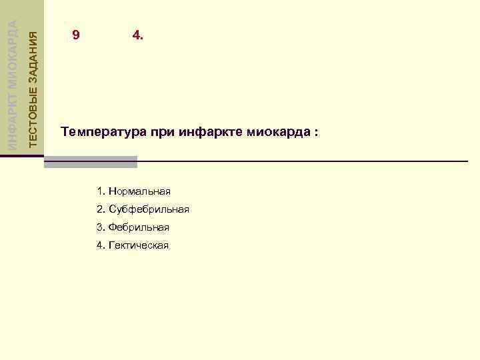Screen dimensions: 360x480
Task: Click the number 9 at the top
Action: (76, 35)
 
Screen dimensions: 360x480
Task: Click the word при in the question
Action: (163, 132)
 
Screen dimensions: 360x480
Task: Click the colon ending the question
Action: (316, 133)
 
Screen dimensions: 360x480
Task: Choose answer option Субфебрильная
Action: (149, 210)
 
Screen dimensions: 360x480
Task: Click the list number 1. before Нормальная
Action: (101, 192)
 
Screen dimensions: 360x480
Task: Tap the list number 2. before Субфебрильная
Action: (101, 210)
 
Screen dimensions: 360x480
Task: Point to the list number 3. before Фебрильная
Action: (101, 227)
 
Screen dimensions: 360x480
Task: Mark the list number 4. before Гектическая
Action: (101, 245)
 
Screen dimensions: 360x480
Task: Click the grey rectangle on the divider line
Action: (91, 161)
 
